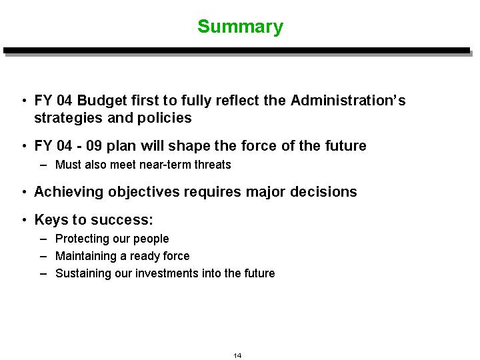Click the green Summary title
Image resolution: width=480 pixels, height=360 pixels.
point(240,27)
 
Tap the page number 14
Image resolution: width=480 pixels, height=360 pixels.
point(237,355)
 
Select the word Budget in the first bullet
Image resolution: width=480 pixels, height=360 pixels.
point(102,101)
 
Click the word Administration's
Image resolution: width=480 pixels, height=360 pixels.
point(348,100)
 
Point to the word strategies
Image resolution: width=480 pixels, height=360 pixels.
point(68,118)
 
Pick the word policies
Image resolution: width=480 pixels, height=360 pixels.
point(165,118)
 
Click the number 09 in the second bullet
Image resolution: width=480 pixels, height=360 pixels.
point(94,145)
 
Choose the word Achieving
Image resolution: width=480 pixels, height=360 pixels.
point(69,192)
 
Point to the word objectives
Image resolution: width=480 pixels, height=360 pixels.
point(143,192)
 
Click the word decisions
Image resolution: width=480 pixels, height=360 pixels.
point(323,191)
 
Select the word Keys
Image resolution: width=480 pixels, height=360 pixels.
point(51,220)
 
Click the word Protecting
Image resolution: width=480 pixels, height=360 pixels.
point(82,239)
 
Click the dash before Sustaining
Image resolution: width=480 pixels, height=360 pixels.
point(43,273)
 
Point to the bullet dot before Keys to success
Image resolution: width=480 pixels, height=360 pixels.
point(25,220)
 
